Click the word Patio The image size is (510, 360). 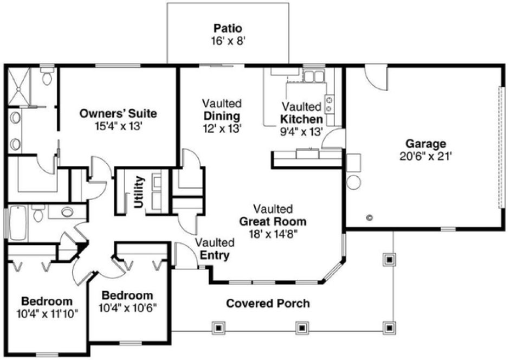[x=227, y=28]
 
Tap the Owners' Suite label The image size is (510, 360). [x=118, y=114]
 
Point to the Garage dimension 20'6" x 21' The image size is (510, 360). [x=425, y=156]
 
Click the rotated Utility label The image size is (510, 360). [x=139, y=192]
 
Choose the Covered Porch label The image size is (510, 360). [x=268, y=303]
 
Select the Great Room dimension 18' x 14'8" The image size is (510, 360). [x=273, y=234]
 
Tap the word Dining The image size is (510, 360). [x=222, y=116]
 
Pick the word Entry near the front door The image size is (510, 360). [x=215, y=255]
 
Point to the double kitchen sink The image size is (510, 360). [x=312, y=76]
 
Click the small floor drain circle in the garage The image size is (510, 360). [x=370, y=218]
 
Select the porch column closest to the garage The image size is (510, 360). [x=388, y=260]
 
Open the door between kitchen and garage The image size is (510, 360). [x=332, y=139]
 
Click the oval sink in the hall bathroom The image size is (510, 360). [x=68, y=211]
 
